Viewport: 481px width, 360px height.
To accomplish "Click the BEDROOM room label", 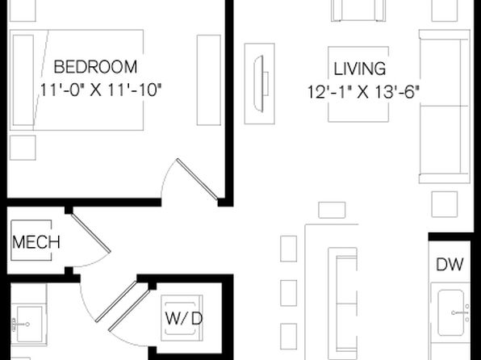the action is (x=95, y=67).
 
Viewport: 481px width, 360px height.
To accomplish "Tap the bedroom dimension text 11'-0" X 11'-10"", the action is (x=101, y=90).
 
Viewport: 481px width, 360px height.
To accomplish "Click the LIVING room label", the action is (x=359, y=69).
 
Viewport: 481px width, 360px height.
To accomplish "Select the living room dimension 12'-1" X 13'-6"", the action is (x=363, y=91).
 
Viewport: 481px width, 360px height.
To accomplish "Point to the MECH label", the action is (x=36, y=242).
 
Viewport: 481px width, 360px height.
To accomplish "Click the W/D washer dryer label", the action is (x=184, y=318).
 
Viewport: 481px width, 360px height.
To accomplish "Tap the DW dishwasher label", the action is (x=450, y=264).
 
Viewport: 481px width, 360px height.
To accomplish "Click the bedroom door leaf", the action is (x=197, y=179).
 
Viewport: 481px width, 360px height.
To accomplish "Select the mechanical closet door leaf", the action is (x=91, y=233).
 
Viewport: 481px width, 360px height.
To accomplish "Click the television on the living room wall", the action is (x=259, y=83).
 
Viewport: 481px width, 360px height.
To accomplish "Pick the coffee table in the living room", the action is (x=358, y=84).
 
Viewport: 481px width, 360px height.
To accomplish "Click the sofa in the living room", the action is (x=445, y=107).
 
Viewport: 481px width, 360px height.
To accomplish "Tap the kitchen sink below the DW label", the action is (x=450, y=312).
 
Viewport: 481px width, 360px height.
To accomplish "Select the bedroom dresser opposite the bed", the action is (x=208, y=80).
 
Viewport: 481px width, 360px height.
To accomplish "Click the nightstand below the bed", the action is (x=23, y=148).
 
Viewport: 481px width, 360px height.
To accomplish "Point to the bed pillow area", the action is (x=23, y=80).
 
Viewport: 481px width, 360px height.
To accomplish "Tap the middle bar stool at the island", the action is (x=288, y=293).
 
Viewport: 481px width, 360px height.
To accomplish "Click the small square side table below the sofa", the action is (x=445, y=204).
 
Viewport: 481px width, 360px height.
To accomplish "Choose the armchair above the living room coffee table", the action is (x=358, y=10).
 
